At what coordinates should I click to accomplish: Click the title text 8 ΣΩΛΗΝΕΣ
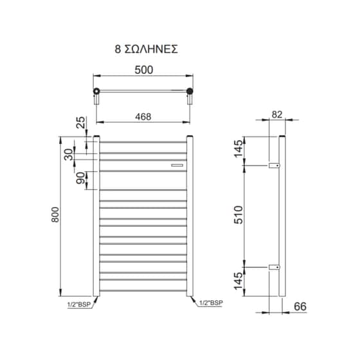pos(147,50)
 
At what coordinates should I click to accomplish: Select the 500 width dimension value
pos(144,70)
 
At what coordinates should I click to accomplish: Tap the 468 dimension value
pos(143,117)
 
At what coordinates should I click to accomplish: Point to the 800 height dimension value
pos(55,215)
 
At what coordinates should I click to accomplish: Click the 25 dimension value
pos(80,123)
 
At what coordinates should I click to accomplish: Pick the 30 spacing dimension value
pos(68,154)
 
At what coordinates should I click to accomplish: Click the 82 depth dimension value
pos(277,114)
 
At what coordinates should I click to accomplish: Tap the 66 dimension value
pos(300,306)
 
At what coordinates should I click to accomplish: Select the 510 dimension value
pos(239,215)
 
